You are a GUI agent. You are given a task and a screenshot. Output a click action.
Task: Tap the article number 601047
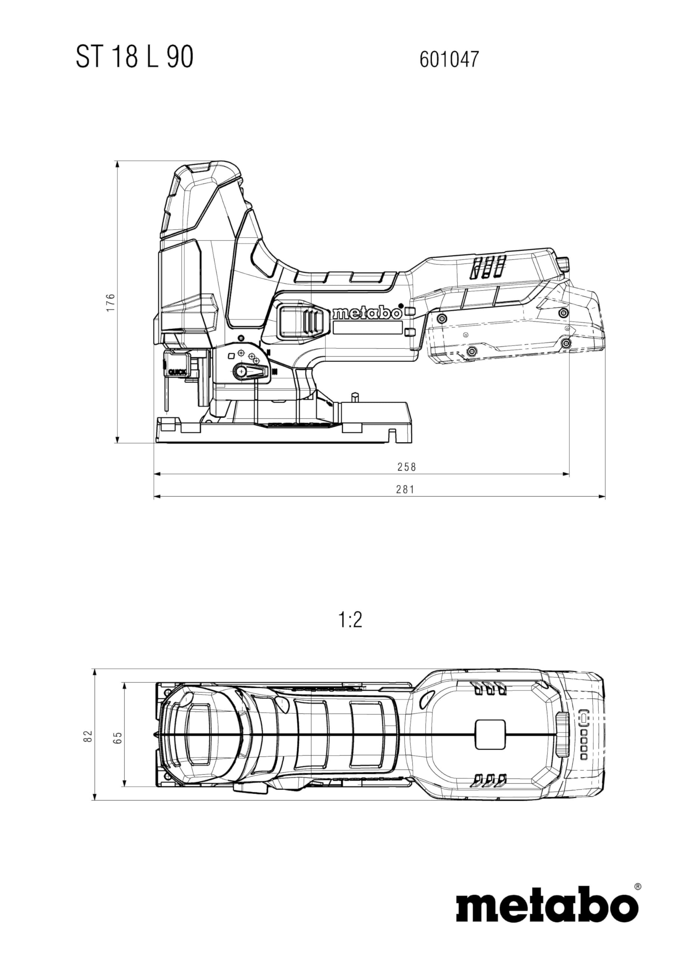pyautogui.click(x=449, y=59)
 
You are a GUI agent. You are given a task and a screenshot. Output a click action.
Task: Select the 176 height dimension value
pyautogui.click(x=111, y=303)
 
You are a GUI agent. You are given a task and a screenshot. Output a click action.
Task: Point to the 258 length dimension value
pyautogui.click(x=406, y=467)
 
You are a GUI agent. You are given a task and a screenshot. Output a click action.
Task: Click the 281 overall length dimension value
pyautogui.click(x=405, y=489)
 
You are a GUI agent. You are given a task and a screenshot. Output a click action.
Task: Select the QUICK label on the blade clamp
pyautogui.click(x=177, y=372)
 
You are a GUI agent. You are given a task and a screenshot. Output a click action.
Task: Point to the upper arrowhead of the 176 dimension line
pyautogui.click(x=117, y=164)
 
